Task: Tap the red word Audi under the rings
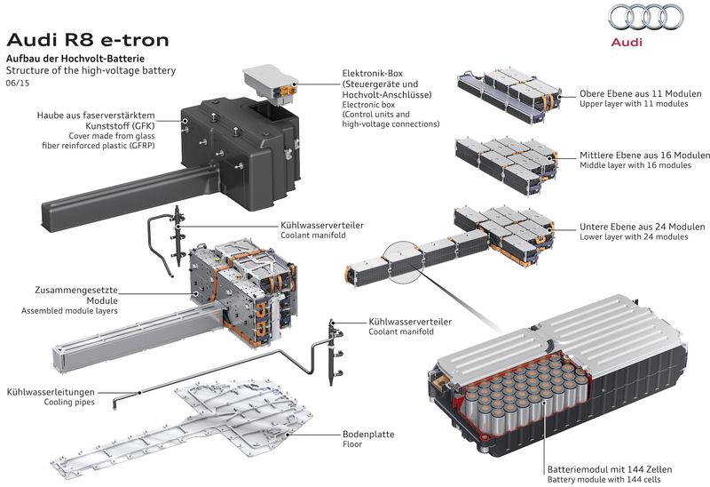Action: [637, 42]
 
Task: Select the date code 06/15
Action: [19, 83]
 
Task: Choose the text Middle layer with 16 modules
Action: [635, 165]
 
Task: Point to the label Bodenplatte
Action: [368, 435]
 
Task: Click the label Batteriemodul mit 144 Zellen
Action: [609, 468]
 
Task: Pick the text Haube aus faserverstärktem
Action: [96, 116]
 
